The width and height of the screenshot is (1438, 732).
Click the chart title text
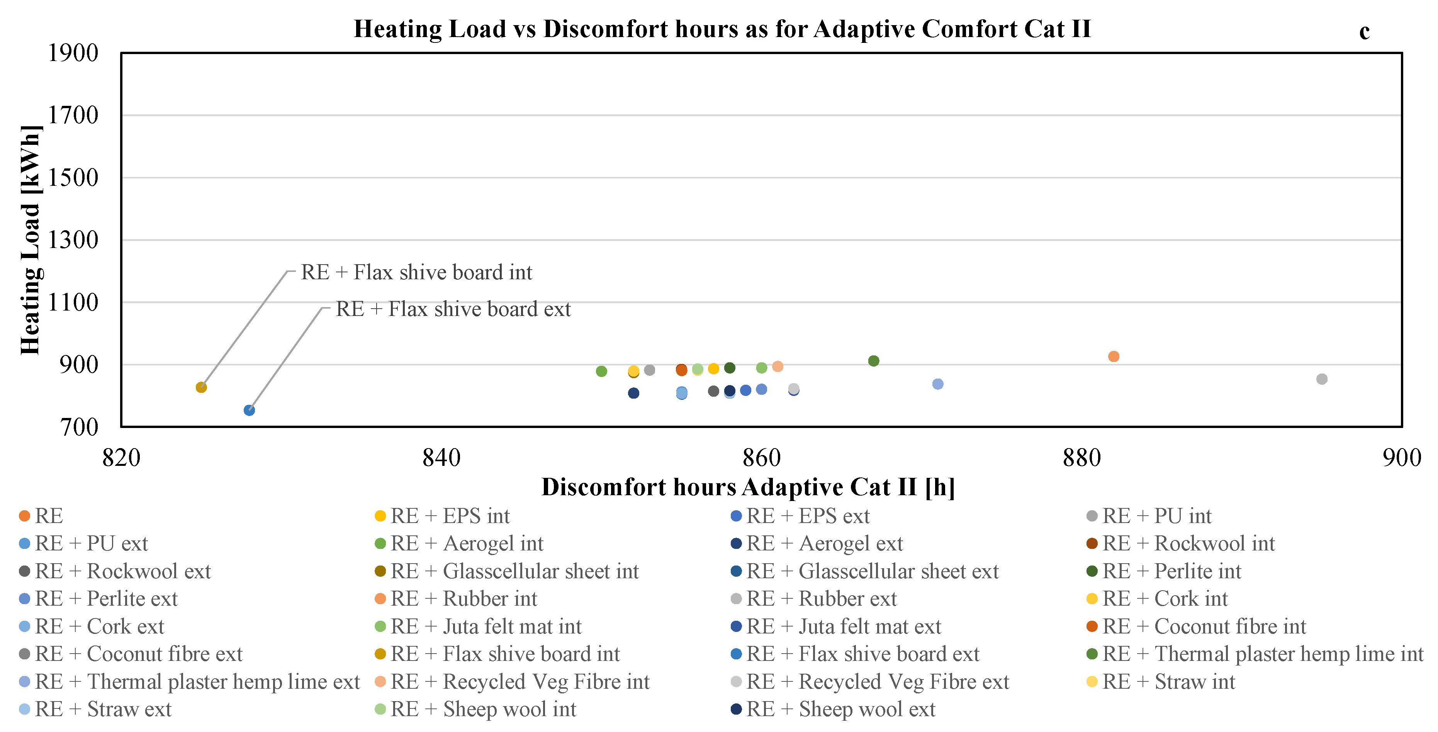click(722, 29)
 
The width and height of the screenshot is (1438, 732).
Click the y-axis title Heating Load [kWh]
click(30, 240)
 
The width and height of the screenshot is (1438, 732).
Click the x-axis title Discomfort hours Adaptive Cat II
click(748, 487)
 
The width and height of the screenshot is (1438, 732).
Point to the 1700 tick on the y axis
click(73, 115)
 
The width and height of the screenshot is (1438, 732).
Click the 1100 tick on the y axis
click(73, 302)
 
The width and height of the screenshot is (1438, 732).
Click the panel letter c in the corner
click(1364, 31)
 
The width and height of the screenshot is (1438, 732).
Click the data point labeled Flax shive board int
click(202, 387)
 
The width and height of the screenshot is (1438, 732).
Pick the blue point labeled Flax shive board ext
click(250, 410)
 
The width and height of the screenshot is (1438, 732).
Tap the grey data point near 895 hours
click(1321, 379)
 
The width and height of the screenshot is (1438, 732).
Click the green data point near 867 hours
click(874, 361)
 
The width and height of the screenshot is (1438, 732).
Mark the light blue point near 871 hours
click(938, 384)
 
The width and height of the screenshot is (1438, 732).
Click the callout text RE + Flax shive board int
click(416, 272)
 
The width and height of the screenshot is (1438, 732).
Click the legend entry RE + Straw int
click(1168, 682)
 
